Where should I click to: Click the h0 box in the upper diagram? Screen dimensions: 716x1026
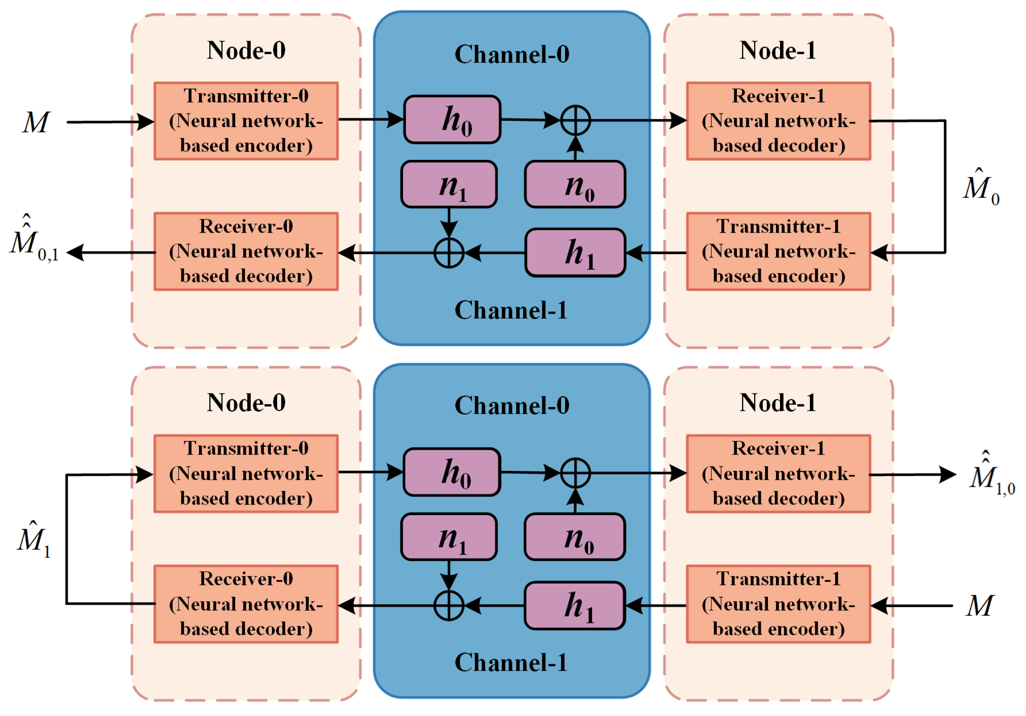452,120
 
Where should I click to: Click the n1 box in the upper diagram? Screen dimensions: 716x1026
449,185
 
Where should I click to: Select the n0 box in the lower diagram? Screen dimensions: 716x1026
575,537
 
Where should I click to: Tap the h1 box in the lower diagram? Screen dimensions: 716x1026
574,605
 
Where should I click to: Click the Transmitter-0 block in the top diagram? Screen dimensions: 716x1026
246,121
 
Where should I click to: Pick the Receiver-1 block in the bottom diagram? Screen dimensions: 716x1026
778,474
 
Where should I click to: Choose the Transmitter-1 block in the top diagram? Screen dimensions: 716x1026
778,252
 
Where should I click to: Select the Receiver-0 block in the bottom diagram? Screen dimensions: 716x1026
246,604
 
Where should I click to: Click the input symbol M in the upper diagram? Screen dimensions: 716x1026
36,122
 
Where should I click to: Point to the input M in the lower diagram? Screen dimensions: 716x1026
979,606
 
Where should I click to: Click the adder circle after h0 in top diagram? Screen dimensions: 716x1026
575,120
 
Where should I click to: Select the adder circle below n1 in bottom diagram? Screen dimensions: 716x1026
449,606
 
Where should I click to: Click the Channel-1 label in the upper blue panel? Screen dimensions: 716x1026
511,310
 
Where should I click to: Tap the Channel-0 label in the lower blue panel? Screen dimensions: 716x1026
512,405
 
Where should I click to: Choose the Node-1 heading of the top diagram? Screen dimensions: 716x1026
778,50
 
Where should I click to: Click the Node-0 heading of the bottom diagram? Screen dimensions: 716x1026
246,402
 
